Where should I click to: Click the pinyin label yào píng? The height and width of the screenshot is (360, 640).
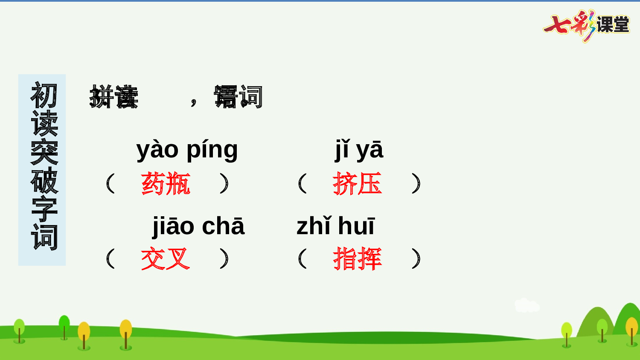[x=187, y=150]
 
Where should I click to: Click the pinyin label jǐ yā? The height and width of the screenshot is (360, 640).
[x=359, y=150]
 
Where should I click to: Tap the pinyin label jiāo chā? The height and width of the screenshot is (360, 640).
[x=198, y=226]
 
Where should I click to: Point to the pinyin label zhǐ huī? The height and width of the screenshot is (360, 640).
[x=335, y=226]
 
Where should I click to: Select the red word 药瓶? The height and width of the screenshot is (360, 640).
[x=166, y=184]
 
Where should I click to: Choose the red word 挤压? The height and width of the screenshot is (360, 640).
[x=357, y=184]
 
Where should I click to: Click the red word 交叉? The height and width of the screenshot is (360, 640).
[x=166, y=258]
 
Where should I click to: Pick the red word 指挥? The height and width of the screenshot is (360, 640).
[x=357, y=258]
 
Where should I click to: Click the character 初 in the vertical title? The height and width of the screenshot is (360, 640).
[x=44, y=95]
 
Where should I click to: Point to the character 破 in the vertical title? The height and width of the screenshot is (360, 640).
[x=44, y=180]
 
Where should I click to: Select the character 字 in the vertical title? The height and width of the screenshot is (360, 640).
[x=44, y=209]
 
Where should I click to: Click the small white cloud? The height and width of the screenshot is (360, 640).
[x=527, y=305]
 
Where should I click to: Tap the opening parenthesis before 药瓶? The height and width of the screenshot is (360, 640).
[x=110, y=183]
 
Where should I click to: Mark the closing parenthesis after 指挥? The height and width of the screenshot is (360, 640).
[x=416, y=258]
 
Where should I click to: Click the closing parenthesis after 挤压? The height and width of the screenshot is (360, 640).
[x=416, y=183]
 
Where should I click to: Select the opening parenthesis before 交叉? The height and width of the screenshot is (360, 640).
[x=110, y=258]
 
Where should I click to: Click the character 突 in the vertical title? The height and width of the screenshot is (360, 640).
[x=44, y=152]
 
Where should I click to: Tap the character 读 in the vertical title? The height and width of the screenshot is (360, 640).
[x=44, y=123]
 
